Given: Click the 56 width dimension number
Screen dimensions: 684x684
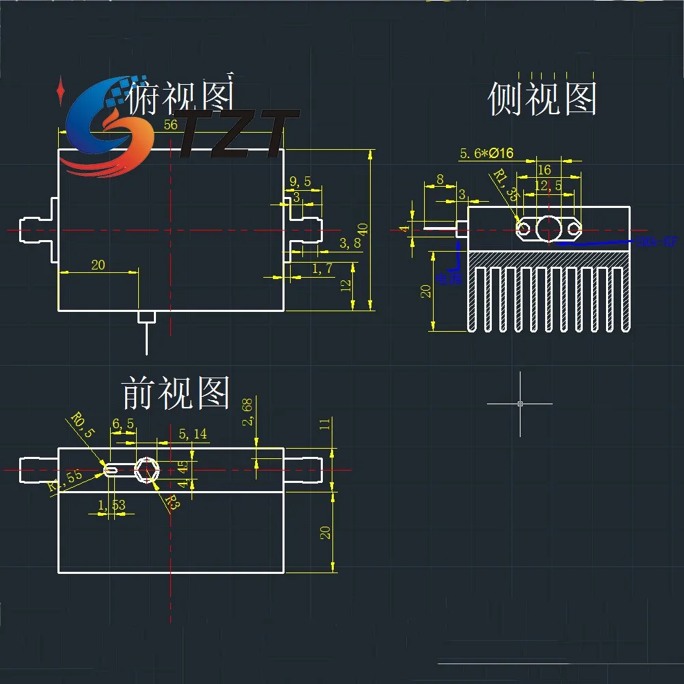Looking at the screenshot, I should [x=171, y=124].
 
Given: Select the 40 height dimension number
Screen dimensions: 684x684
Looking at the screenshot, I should [x=363, y=229].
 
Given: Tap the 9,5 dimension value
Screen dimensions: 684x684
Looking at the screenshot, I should [x=300, y=182].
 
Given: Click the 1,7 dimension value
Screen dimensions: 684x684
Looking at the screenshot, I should [x=322, y=268].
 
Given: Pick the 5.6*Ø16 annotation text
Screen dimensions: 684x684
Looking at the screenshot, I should [x=486, y=154].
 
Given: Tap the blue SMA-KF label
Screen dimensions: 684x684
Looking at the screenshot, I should [x=653, y=241].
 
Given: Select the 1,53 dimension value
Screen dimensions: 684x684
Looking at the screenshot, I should [x=111, y=505].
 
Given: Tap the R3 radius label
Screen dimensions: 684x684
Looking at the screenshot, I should [x=172, y=504].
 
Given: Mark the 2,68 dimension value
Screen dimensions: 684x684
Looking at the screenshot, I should [x=248, y=412].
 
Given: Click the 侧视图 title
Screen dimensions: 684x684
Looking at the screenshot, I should [x=542, y=99].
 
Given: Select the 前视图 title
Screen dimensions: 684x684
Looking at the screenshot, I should [x=176, y=393].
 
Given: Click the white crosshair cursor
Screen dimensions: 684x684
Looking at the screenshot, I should [x=520, y=404].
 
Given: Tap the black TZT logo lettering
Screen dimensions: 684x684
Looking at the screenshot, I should [x=236, y=133].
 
